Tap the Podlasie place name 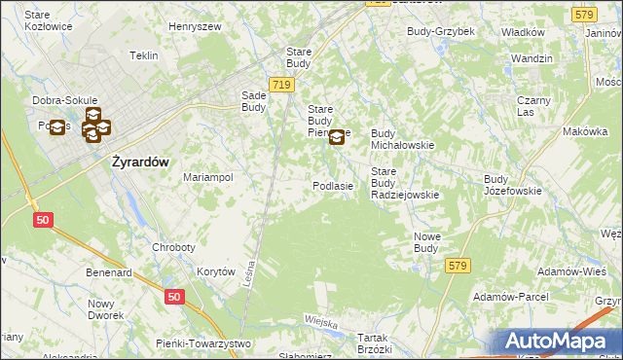[332, 185]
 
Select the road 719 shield [281, 86]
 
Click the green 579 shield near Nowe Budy [458, 264]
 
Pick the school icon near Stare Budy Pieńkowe [337, 137]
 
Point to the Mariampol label [208, 178]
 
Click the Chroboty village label [173, 247]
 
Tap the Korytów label [216, 272]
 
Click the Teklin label [143, 55]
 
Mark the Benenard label [109, 273]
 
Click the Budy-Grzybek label [441, 31]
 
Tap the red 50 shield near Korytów [173, 297]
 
